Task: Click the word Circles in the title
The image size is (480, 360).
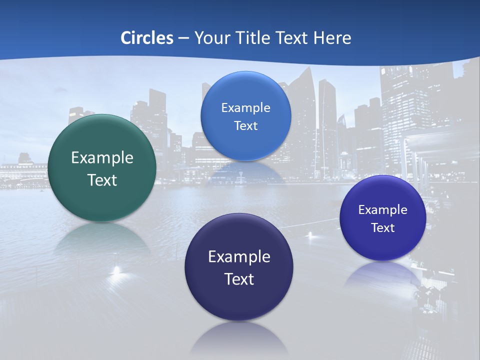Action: pyautogui.click(x=147, y=38)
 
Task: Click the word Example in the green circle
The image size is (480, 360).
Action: pyautogui.click(x=102, y=158)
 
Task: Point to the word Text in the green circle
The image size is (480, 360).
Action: pyautogui.click(x=102, y=180)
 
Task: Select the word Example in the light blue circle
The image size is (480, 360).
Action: pyautogui.click(x=245, y=107)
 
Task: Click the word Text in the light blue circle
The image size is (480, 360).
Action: pyautogui.click(x=245, y=125)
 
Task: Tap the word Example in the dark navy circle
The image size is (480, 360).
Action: pyautogui.click(x=239, y=256)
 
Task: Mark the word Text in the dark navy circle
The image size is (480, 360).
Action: pyautogui.click(x=239, y=279)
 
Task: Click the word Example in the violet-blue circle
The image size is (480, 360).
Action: pyautogui.click(x=382, y=209)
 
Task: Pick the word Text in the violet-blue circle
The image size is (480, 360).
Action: pyautogui.click(x=382, y=227)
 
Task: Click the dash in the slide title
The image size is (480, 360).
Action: pyautogui.click(x=183, y=38)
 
